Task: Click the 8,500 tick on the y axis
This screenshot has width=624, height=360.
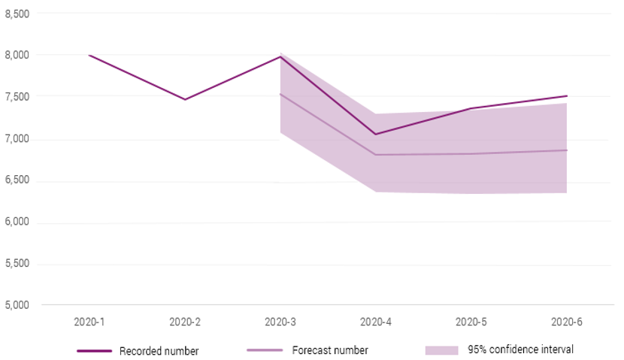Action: point(17,14)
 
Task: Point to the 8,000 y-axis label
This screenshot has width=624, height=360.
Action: point(17,55)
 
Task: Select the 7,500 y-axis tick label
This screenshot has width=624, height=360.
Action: point(17,97)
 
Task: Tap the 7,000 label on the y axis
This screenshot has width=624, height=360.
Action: point(17,139)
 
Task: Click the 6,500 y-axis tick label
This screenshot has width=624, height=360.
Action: point(17,180)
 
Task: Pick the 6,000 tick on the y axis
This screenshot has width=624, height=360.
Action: point(17,222)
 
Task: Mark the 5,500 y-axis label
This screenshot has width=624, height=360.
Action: point(17,264)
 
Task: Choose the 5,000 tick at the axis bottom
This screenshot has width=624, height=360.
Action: point(17,305)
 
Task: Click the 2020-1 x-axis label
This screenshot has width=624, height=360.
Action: point(89,322)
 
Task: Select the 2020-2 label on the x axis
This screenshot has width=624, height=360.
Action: point(185,322)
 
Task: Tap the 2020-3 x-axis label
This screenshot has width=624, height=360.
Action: point(280,322)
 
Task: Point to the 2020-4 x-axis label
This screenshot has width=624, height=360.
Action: point(376,322)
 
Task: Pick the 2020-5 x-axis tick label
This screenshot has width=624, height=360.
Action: point(471,322)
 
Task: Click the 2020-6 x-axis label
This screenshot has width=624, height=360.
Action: point(567,322)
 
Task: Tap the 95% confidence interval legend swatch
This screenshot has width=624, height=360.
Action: point(441,350)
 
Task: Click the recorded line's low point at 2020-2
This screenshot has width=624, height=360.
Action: point(185,99)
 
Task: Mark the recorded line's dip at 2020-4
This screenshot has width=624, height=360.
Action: point(376,135)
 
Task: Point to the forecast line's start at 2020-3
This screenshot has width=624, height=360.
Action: point(280,94)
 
